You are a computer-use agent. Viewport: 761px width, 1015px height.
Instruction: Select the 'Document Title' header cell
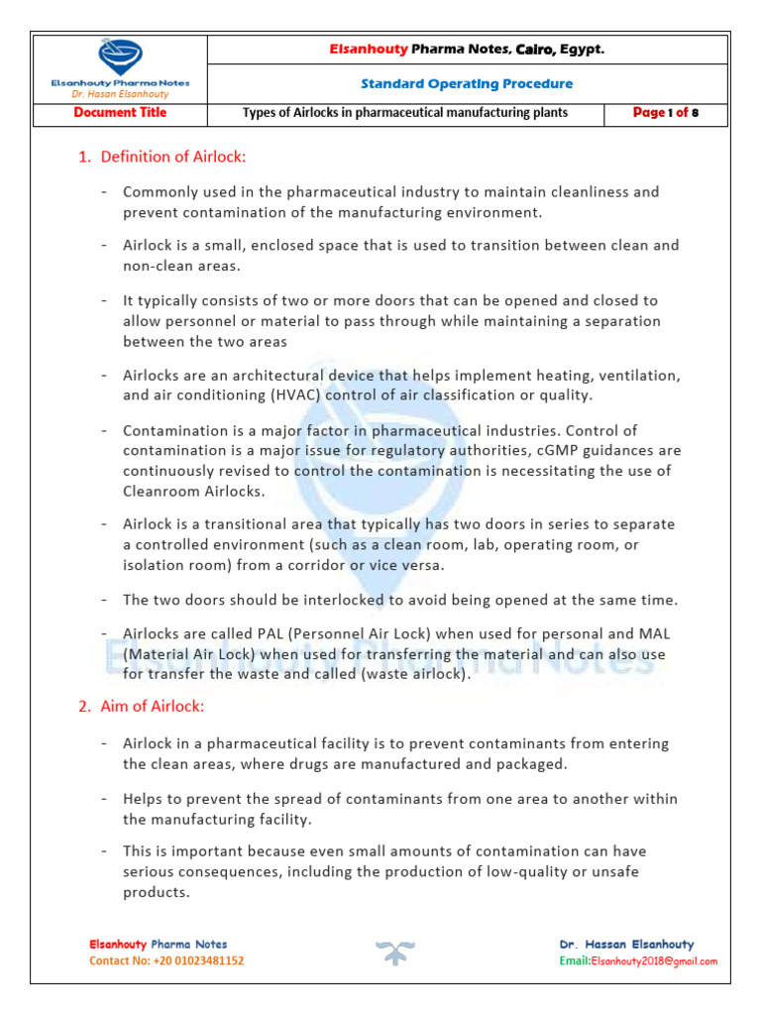click(x=120, y=113)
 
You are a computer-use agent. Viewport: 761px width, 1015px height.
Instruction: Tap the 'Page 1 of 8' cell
click(x=666, y=113)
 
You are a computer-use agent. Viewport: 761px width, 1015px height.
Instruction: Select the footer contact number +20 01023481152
click(x=166, y=961)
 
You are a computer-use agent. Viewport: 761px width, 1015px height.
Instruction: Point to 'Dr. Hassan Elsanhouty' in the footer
click(x=626, y=945)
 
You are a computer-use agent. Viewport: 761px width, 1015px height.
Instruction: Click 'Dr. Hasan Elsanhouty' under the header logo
click(x=120, y=94)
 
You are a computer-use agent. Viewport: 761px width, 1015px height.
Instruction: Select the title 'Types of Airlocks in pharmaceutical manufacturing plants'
click(x=405, y=113)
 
